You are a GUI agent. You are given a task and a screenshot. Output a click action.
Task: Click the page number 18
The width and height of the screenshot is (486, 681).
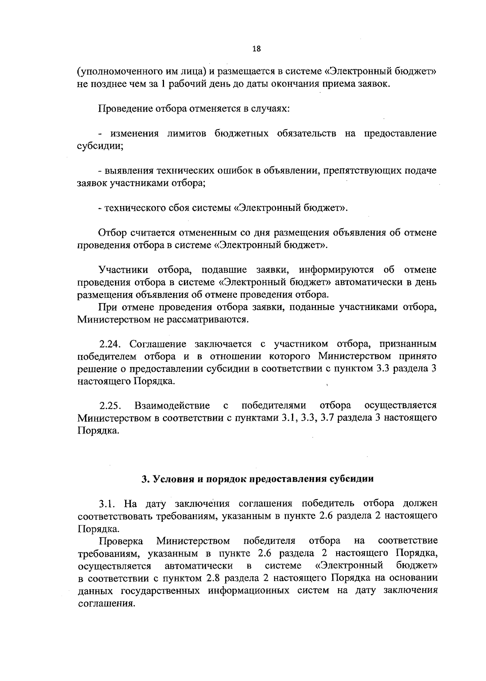tap(256, 49)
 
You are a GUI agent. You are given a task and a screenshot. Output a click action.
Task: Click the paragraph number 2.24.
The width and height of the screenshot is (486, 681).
tap(111, 344)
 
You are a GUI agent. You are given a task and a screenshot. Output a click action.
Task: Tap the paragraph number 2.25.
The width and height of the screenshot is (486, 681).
tap(111, 405)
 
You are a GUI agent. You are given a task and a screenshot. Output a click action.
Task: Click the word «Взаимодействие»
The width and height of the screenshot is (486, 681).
tap(172, 405)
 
